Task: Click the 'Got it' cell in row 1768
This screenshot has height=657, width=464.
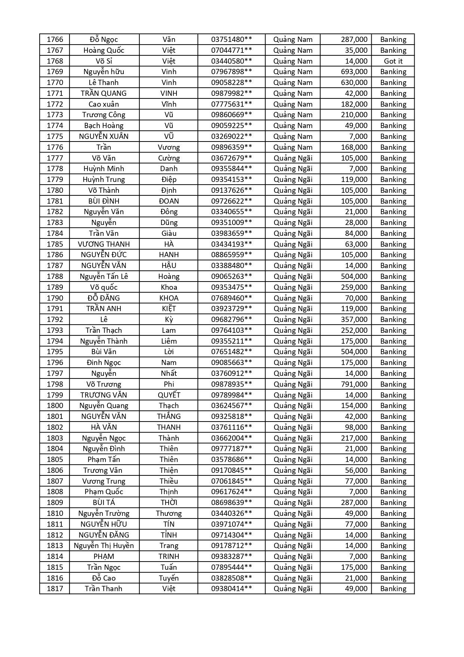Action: tap(393, 61)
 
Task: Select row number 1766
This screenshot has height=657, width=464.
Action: tap(55, 39)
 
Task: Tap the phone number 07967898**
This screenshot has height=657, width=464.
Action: tap(231, 72)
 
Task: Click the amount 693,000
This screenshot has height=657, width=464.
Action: tap(354, 72)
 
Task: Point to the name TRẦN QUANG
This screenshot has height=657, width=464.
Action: tap(104, 93)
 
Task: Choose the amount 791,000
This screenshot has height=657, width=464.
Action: tap(354, 384)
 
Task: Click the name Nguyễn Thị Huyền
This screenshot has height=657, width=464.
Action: tap(104, 545)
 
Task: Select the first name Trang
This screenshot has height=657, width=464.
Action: tap(169, 545)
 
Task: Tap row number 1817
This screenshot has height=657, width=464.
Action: tap(55, 588)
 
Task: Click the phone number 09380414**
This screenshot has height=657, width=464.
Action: tap(231, 588)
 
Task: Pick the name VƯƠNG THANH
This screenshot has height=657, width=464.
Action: tap(104, 244)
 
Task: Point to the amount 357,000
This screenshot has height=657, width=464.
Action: tap(354, 319)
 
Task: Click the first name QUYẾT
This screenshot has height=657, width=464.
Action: tap(169, 395)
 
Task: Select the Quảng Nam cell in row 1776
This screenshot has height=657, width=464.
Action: tap(293, 147)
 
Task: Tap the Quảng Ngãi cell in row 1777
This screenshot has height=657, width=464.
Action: tap(293, 158)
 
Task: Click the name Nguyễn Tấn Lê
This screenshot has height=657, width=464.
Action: tap(104, 276)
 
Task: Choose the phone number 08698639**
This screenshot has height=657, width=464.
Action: tap(231, 502)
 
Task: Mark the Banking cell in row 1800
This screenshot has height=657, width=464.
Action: tap(393, 405)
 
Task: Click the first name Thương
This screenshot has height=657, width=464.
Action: tap(169, 513)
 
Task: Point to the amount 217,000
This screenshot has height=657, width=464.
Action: tap(354, 438)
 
